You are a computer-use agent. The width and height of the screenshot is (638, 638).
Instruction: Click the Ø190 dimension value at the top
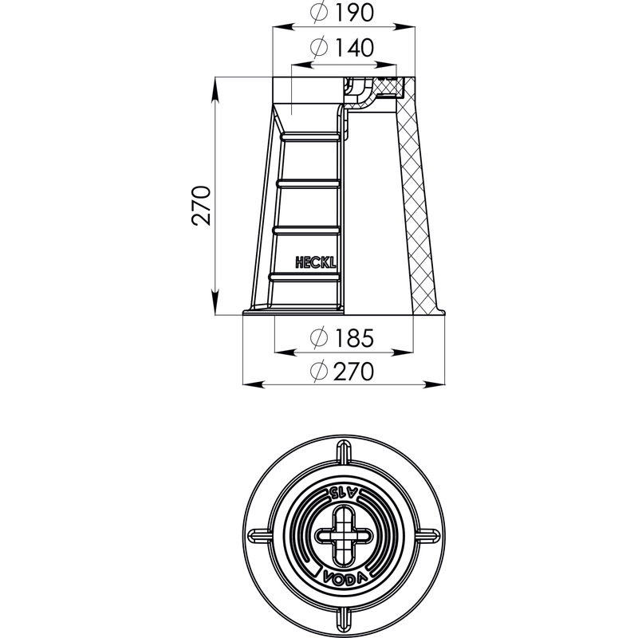click(342, 13)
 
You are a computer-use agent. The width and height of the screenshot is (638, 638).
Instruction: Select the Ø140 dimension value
click(342, 48)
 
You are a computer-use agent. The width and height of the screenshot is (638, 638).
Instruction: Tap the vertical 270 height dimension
click(202, 206)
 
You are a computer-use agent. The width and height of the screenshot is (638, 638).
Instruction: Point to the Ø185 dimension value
click(342, 337)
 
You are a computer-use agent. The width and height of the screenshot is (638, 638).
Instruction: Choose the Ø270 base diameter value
click(342, 371)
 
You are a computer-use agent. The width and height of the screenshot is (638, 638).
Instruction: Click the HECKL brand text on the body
click(316, 263)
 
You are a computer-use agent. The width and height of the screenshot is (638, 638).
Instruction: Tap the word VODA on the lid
click(345, 577)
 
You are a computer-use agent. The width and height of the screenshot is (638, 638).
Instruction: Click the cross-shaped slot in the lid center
click(345, 535)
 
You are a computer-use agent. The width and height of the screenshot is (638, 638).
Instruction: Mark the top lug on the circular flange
click(345, 454)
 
